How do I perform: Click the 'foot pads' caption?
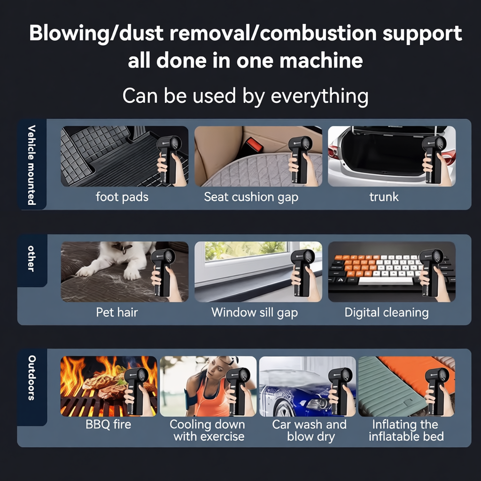click(122, 197)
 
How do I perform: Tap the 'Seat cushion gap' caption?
click(251, 197)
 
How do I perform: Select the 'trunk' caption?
click(384, 197)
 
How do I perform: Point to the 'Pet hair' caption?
click(117, 312)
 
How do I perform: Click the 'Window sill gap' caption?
click(254, 312)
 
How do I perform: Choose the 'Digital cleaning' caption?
click(386, 312)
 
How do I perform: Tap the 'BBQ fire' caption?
click(108, 425)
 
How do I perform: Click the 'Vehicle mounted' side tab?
click(32, 164)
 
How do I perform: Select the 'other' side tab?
click(32, 258)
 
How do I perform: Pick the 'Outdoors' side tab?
click(32, 378)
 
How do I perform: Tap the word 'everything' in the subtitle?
click(319, 96)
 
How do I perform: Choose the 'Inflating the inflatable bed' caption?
click(406, 430)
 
